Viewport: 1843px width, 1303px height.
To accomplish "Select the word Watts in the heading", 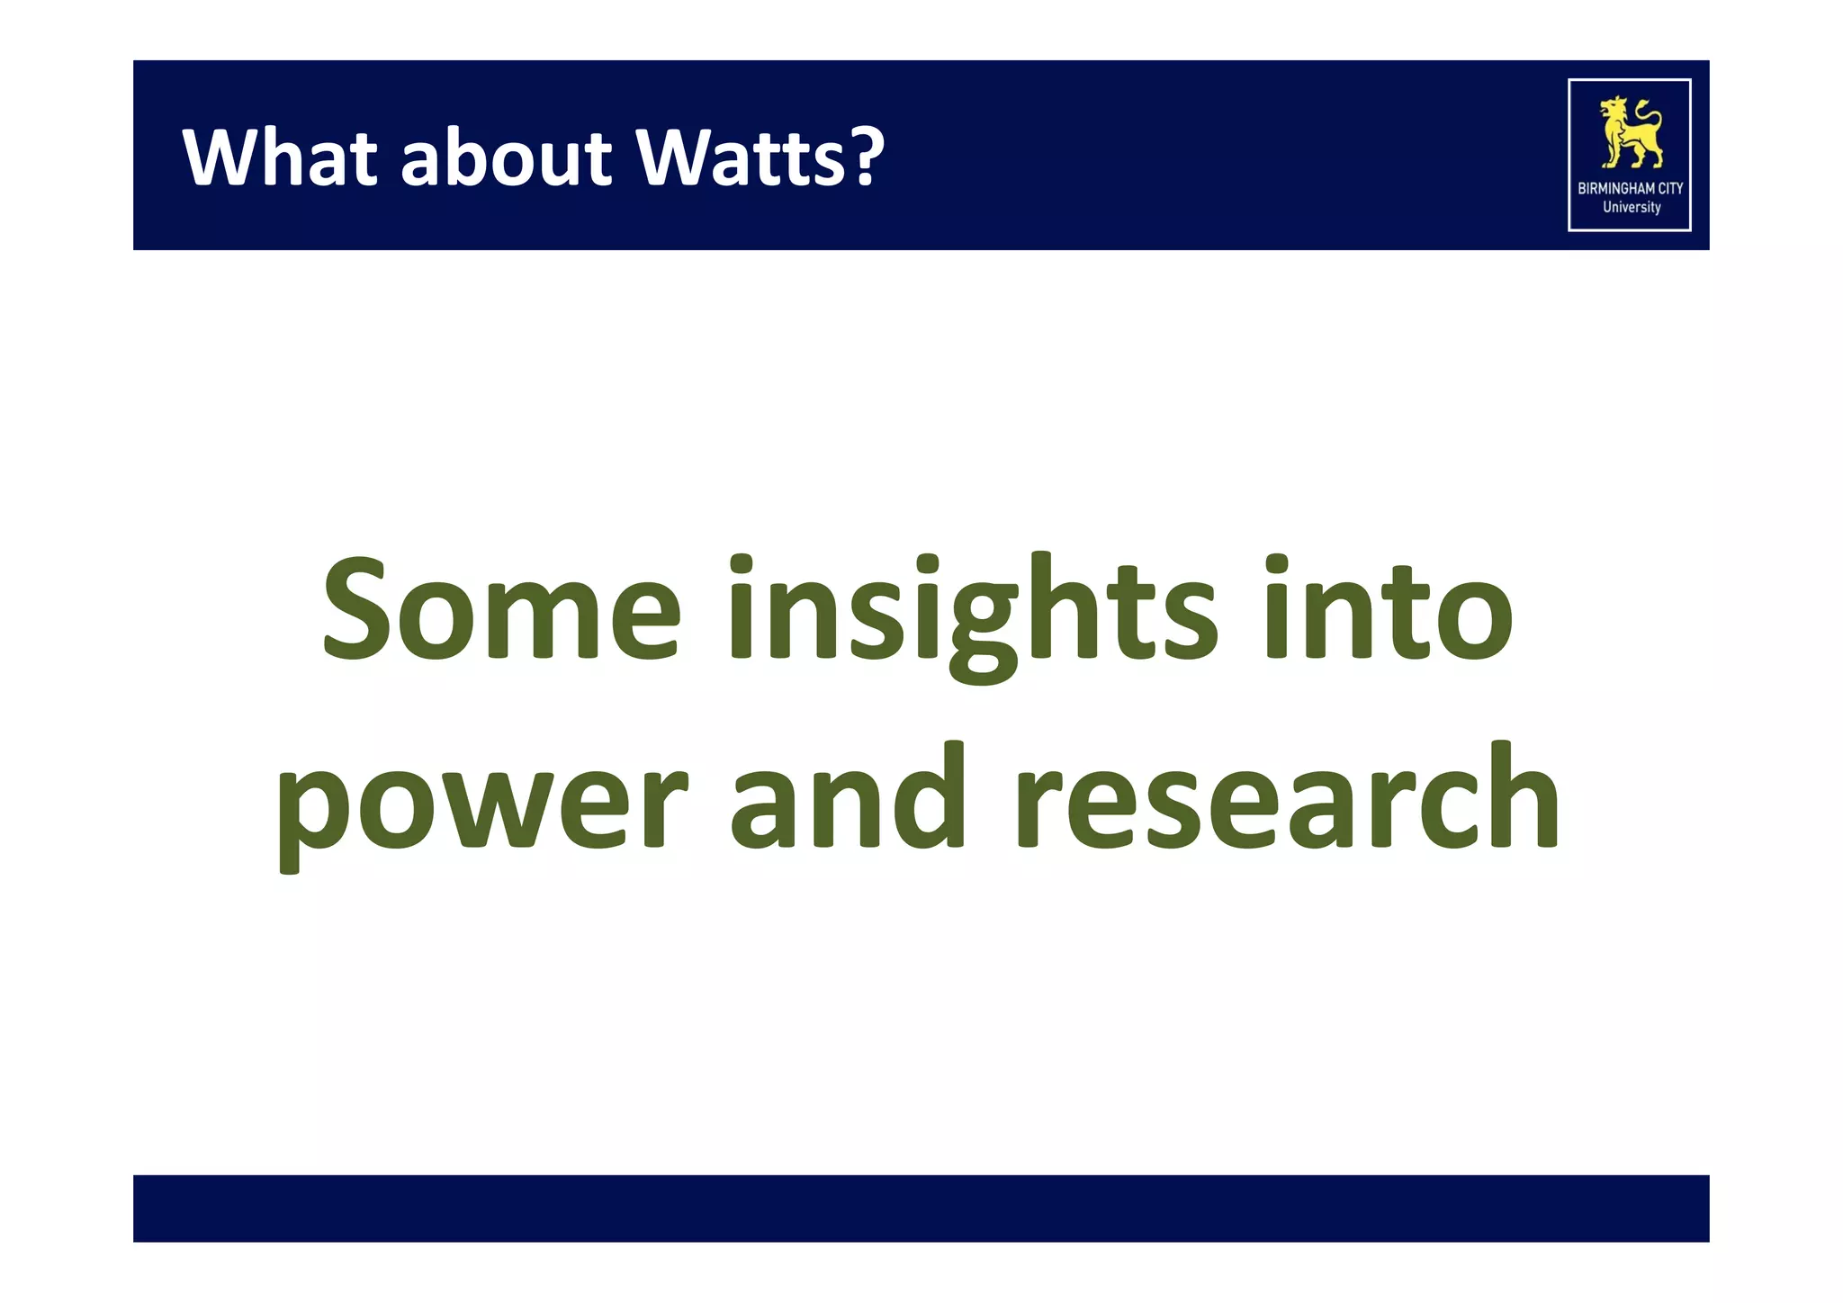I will (740, 157).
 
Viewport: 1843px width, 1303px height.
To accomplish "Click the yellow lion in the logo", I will (1629, 133).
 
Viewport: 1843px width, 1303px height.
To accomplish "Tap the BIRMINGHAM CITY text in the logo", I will (1630, 188).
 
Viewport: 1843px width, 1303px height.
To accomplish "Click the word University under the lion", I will (1631, 207).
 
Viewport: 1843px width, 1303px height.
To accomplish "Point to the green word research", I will (1287, 795).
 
